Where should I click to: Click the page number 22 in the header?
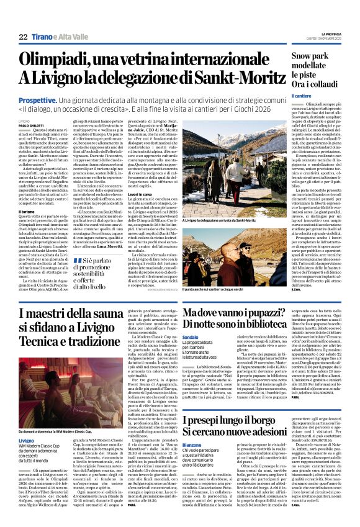pos(23,37)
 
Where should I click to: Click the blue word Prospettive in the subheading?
pos(38,99)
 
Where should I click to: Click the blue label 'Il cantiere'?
pos(285,96)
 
